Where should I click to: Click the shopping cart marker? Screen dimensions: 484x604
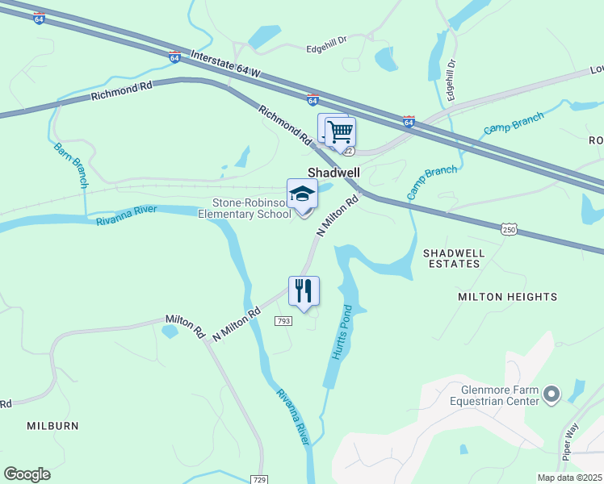(341, 131)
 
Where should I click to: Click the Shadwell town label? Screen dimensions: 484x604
(333, 173)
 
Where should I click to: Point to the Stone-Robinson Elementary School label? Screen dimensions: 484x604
(252, 208)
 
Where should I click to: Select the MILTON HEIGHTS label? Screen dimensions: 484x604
(507, 297)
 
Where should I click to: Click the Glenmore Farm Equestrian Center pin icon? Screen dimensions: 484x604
(552, 394)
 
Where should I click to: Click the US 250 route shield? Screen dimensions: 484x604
(508, 230)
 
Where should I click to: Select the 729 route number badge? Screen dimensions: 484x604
(258, 478)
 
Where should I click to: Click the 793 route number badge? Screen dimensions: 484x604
(283, 321)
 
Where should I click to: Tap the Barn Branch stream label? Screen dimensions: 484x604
(70, 165)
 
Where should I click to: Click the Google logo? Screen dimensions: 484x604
(27, 474)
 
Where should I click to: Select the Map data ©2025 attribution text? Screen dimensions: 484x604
(569, 478)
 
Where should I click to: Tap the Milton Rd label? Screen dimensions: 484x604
(184, 326)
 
